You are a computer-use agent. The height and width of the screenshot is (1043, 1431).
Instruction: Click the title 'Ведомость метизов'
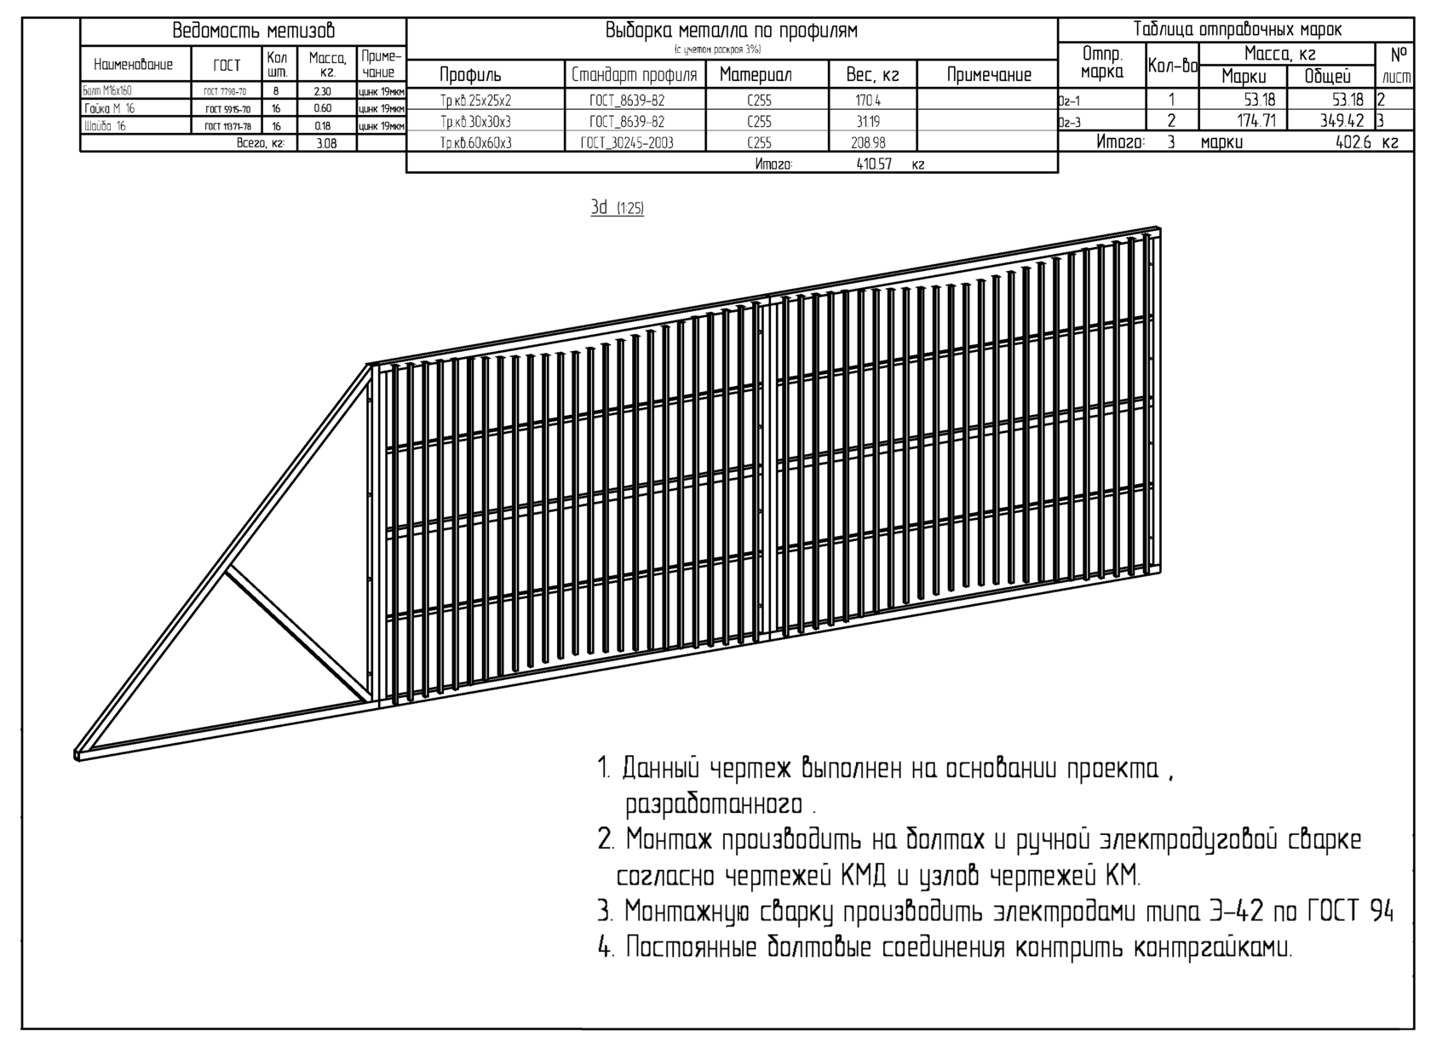click(x=254, y=32)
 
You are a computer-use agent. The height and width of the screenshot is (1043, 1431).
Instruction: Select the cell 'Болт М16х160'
click(x=108, y=90)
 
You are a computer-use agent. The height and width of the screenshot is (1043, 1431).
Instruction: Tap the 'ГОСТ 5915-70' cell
click(x=227, y=109)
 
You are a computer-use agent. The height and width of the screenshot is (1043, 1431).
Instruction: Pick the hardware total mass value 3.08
click(x=326, y=144)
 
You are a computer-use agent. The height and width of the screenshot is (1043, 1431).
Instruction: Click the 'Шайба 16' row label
click(x=106, y=126)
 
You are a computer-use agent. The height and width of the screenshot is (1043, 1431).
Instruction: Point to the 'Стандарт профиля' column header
click(x=634, y=75)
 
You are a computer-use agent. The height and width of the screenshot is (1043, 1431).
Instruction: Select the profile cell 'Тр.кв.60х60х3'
click(x=476, y=143)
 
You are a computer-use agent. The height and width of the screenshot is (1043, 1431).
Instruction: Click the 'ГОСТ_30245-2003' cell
click(x=627, y=143)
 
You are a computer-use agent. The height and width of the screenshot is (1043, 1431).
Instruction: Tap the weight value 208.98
click(x=869, y=143)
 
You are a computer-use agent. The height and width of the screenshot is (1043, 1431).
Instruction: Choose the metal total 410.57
click(x=874, y=164)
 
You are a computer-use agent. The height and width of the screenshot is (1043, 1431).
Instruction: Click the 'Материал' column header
click(x=756, y=75)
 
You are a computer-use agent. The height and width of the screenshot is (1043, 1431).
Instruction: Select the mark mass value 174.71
click(x=1257, y=121)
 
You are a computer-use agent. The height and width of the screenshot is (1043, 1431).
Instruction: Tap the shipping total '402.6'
click(x=1353, y=142)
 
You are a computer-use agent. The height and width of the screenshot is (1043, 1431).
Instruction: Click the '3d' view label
click(x=600, y=208)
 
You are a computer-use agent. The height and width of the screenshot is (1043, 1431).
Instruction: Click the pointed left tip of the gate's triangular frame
click(x=78, y=754)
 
